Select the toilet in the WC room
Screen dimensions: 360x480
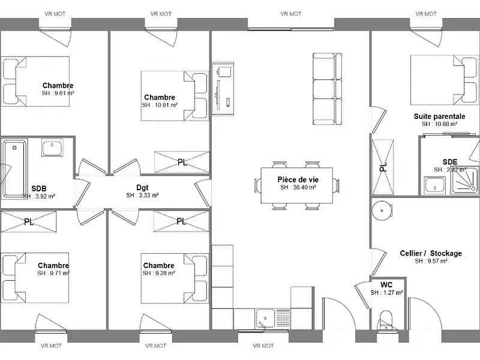click(385, 320)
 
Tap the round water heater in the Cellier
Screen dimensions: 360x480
click(380, 211)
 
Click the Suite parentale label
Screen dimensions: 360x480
click(439, 116)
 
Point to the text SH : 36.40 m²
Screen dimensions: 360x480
click(298, 187)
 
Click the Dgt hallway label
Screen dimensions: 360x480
click(142, 187)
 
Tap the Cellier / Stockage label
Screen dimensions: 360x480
click(431, 253)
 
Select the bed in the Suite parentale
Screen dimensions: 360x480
click(437, 81)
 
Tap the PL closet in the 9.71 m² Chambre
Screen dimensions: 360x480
click(29, 221)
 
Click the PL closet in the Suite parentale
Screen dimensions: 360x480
click(382, 167)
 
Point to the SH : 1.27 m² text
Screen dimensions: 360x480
click(386, 293)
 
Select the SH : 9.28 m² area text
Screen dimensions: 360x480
click(158, 273)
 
